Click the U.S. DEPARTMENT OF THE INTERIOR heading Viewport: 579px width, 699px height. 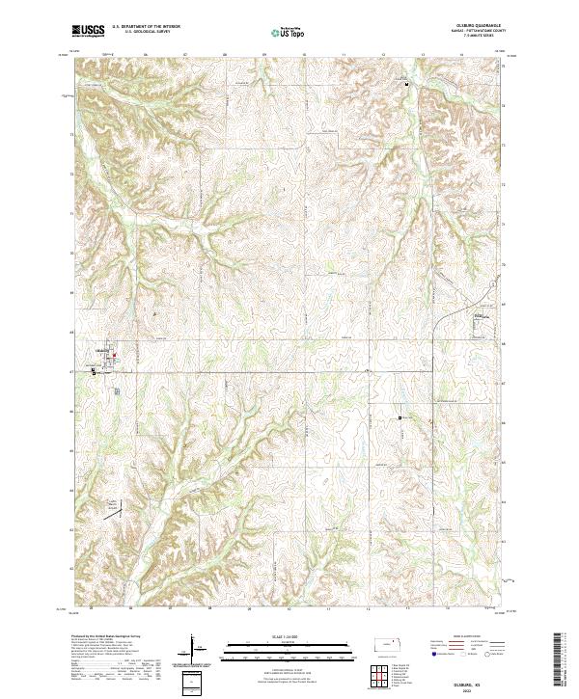tap(145, 28)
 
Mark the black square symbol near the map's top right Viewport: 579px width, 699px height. tap(407, 85)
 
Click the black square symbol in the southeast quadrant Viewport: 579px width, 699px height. tap(400, 417)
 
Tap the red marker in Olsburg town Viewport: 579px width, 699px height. tap(115, 358)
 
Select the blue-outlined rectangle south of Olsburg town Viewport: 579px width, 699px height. tap(116, 390)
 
